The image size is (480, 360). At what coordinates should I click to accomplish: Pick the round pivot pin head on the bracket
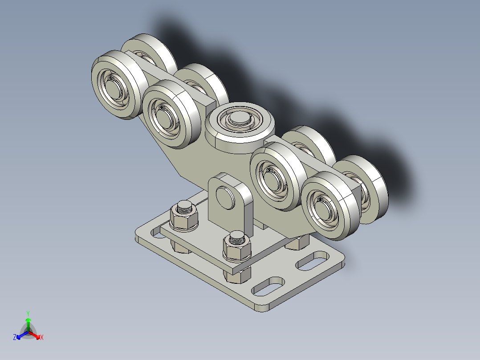[225, 197]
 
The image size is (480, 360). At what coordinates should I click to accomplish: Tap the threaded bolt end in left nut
[183, 207]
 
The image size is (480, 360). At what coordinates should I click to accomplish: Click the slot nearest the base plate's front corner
[268, 286]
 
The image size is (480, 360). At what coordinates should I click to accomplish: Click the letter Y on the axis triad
[28, 313]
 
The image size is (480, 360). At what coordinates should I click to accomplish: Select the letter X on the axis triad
[42, 338]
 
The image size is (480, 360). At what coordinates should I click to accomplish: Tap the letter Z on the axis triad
[15, 338]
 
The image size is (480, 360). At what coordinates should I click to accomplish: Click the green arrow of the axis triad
[28, 323]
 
